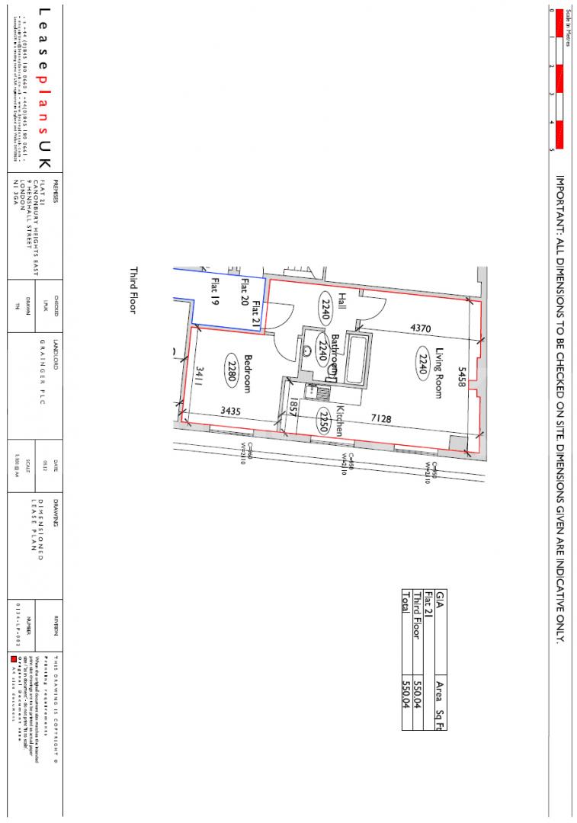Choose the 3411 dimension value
click(200, 376)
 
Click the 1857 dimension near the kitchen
click(293, 407)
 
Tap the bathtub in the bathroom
click(355, 357)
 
